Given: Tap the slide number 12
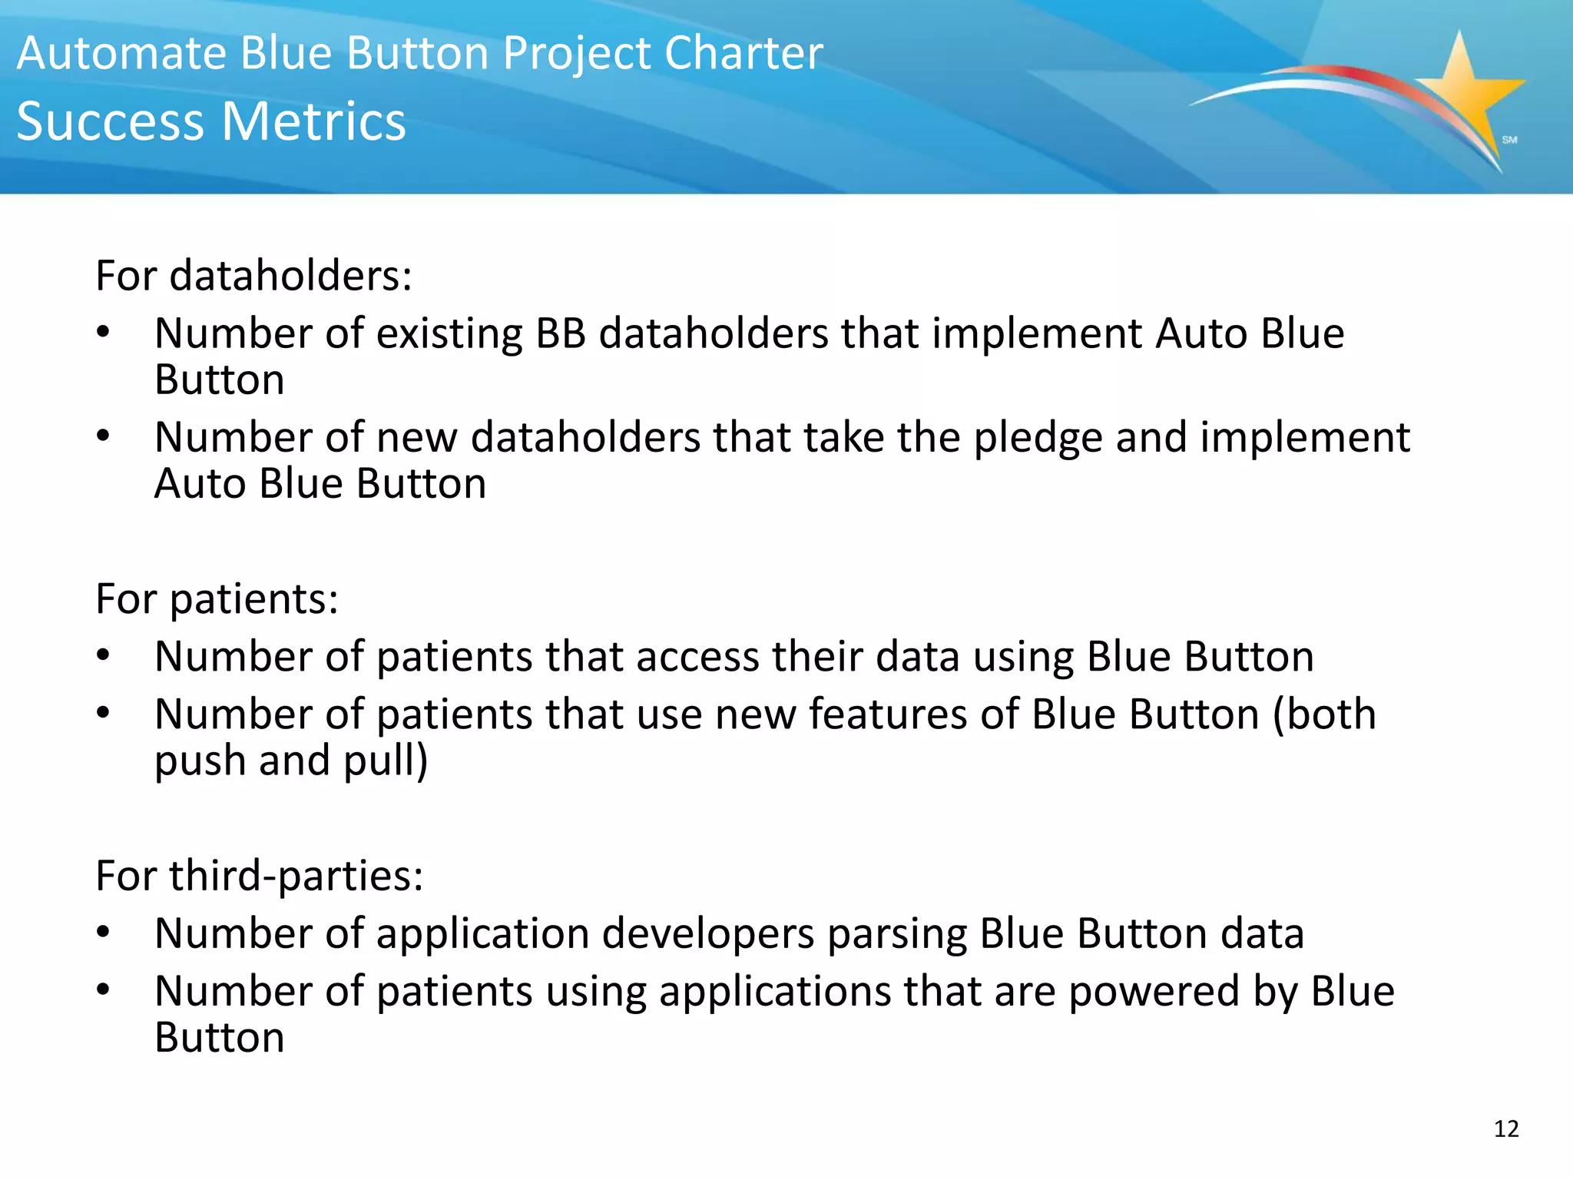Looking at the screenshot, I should [1506, 1129].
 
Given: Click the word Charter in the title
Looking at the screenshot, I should [743, 54].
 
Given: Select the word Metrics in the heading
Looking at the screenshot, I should [314, 121].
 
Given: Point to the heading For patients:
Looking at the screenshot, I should [217, 598].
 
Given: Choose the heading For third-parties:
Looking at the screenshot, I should [259, 875].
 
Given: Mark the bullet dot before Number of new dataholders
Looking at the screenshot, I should [104, 436].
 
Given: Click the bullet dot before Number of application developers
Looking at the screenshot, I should [104, 933].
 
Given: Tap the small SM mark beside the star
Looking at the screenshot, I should [1509, 140].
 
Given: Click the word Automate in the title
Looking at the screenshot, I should [122, 54].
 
